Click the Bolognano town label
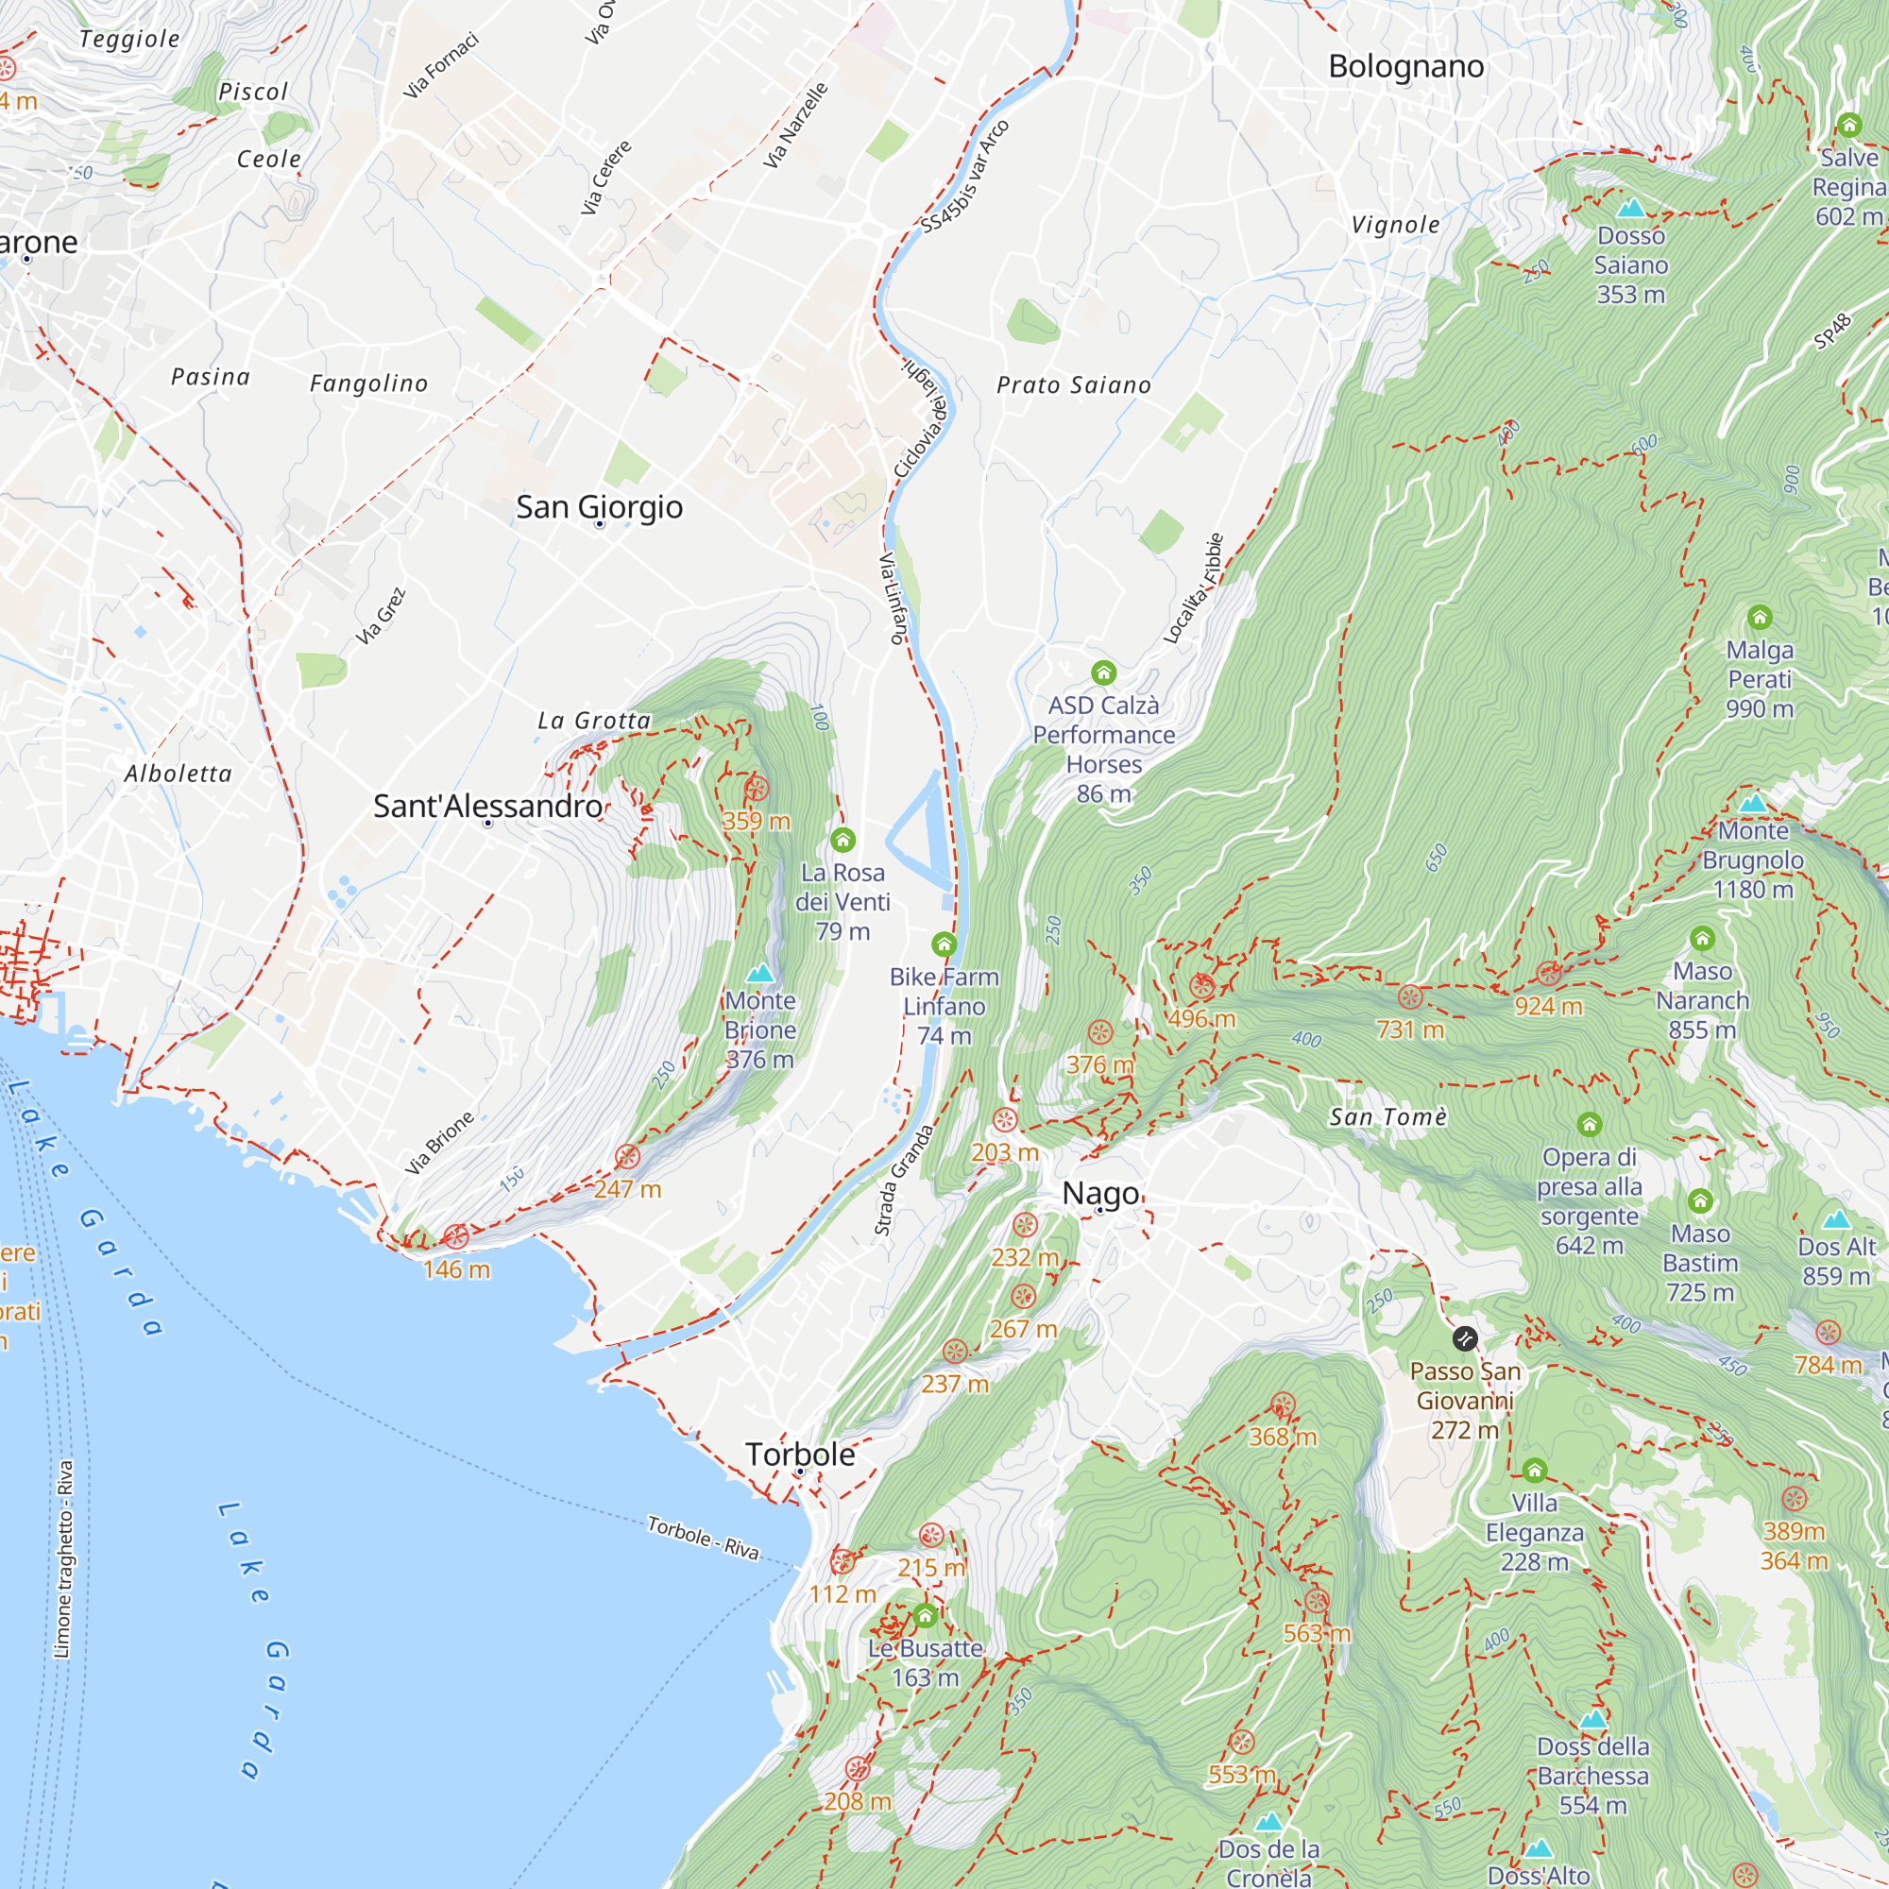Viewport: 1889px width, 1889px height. (1405, 66)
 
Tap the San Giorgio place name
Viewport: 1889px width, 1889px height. (599, 506)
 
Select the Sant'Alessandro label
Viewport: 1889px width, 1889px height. (487, 806)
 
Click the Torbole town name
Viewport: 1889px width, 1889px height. (800, 1454)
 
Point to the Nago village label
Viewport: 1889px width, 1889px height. (1100, 1193)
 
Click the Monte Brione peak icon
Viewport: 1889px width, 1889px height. (759, 974)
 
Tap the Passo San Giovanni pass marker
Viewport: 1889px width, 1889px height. (1465, 1337)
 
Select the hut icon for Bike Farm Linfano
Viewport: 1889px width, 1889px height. (944, 944)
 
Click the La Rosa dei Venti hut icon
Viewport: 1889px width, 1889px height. (842, 840)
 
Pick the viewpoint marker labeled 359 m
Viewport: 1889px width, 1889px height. (756, 789)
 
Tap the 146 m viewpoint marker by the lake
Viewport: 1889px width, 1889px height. (455, 1237)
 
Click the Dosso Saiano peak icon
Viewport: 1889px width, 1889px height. (1630, 208)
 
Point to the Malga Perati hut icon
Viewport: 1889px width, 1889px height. (1759, 617)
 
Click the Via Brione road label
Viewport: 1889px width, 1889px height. (439, 1143)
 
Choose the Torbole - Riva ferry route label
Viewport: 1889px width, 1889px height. (702, 1537)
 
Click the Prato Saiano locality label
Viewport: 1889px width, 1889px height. (1073, 385)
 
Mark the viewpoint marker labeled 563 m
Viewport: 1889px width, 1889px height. (1316, 1602)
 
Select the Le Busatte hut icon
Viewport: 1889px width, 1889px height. (925, 1616)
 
